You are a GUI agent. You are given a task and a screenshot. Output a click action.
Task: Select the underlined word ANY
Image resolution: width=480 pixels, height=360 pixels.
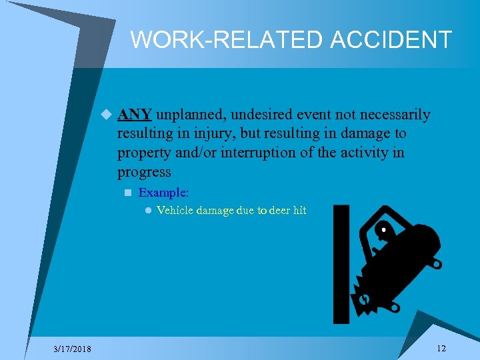tap(135, 115)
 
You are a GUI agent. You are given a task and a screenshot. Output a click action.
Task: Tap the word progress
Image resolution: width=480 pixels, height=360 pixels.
tap(144, 172)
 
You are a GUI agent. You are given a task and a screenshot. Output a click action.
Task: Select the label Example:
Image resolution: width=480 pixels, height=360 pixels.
tap(163, 192)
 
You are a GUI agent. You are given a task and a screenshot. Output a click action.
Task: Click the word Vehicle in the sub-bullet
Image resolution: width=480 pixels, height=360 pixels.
tap(175, 211)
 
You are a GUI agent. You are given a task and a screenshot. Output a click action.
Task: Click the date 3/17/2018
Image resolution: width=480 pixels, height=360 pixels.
tap(74, 349)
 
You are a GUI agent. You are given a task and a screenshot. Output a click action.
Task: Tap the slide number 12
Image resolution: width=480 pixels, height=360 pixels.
tap(441, 349)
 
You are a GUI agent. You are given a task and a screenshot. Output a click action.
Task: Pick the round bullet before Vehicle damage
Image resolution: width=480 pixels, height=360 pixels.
tap(148, 211)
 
